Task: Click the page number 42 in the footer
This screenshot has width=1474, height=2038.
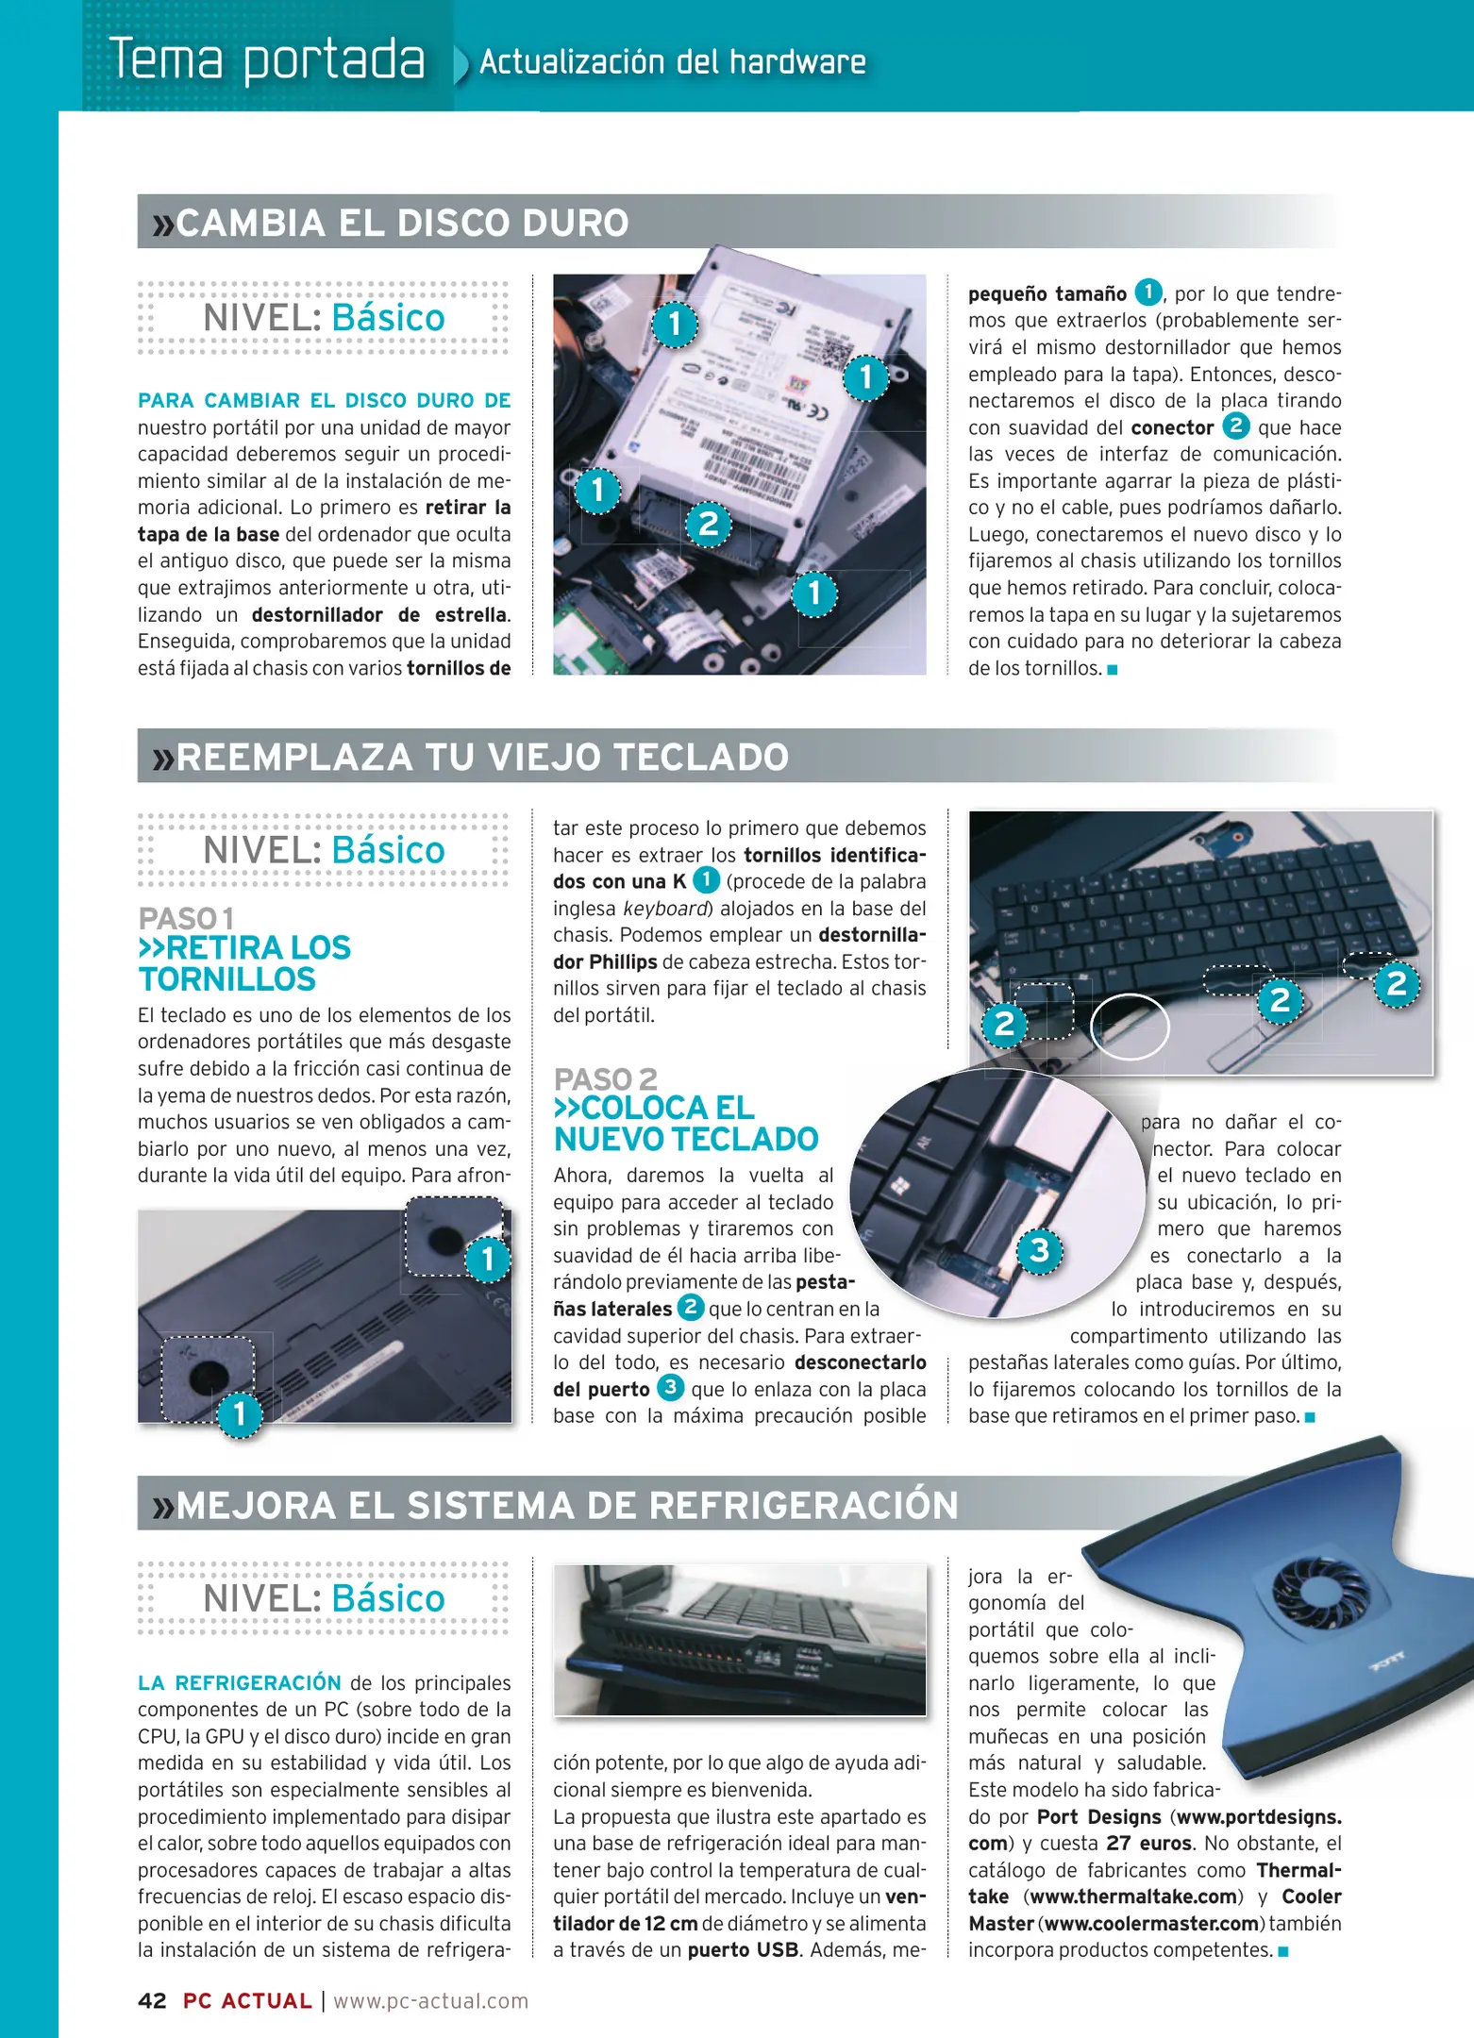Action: click(152, 2000)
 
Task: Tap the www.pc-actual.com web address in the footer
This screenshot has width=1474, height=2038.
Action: click(430, 2000)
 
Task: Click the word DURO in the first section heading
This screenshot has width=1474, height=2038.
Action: click(576, 224)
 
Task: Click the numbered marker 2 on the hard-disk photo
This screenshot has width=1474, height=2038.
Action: click(708, 524)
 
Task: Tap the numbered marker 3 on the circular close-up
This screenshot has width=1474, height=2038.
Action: click(1039, 1251)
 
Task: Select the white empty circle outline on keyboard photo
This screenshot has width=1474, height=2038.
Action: click(1130, 1026)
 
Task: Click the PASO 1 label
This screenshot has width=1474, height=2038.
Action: click(186, 918)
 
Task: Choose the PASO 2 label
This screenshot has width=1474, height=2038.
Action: click(605, 1078)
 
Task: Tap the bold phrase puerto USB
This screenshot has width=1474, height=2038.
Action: click(743, 1949)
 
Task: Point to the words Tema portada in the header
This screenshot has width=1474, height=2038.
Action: click(267, 58)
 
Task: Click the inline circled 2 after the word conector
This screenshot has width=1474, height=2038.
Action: click(1235, 426)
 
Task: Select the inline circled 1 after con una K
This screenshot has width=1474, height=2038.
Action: click(706, 880)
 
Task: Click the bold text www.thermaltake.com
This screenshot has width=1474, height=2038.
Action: click(1132, 1896)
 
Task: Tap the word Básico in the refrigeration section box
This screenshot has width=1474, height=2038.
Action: click(388, 1598)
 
